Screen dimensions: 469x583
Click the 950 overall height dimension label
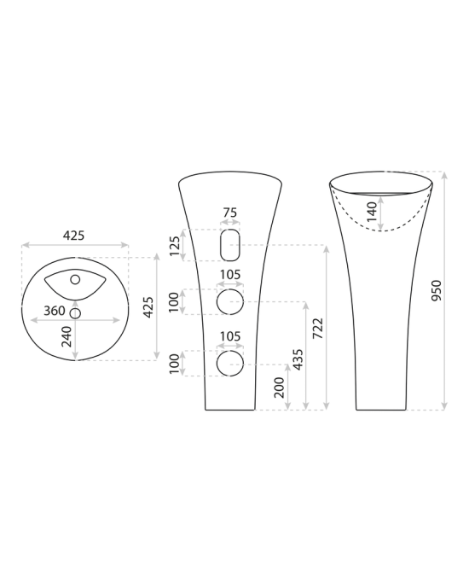[437, 290]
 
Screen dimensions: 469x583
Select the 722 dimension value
[318, 329]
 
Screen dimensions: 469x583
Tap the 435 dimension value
[298, 359]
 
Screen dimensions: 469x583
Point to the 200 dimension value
[279, 388]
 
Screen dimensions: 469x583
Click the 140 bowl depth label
[372, 211]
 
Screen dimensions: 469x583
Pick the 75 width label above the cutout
[230, 213]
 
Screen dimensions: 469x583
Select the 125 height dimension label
[174, 246]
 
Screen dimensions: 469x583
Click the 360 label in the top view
[55, 311]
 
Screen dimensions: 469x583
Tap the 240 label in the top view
[67, 336]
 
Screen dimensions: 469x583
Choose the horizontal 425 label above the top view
[73, 236]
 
